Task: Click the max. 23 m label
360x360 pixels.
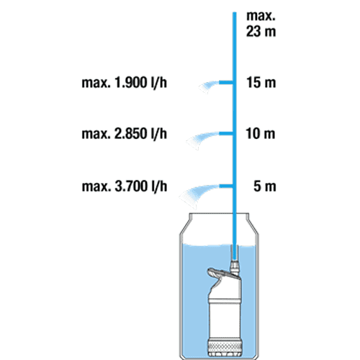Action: coord(261,24)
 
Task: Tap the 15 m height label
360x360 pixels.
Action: coord(261,83)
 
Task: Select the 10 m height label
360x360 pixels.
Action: coord(261,134)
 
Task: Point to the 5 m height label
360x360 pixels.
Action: coord(265,186)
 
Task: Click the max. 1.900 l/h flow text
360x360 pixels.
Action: coord(125,83)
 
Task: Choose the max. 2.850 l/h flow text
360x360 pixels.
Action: coord(125,134)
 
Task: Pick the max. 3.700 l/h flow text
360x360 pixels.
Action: coord(125,186)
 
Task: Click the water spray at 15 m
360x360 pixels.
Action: coord(208,87)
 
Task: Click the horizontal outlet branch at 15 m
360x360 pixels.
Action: coord(226,83)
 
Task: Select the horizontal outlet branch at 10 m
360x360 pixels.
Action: coord(226,134)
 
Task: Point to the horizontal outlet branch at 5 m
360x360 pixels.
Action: coord(226,186)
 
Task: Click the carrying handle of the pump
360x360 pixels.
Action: coord(216,273)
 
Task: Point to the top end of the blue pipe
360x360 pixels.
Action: coord(235,12)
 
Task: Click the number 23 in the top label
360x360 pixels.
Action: coord(253,32)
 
